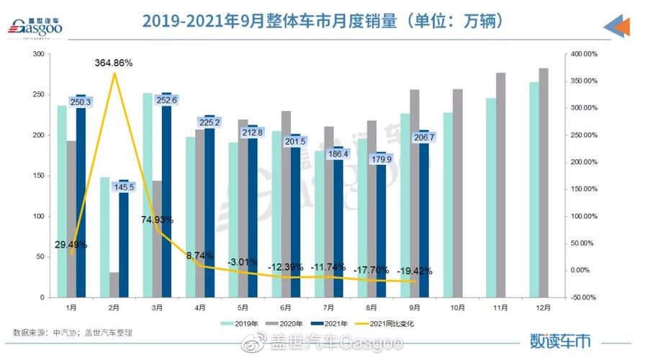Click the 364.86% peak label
tap(114, 63)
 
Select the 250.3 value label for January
tap(81, 102)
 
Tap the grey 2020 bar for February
tap(114, 284)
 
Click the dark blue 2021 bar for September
tap(424, 216)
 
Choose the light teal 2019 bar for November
tap(491, 198)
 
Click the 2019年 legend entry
tap(241, 323)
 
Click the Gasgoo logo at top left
tap(36, 27)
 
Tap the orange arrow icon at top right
tap(617, 27)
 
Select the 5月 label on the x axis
tap(243, 308)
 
